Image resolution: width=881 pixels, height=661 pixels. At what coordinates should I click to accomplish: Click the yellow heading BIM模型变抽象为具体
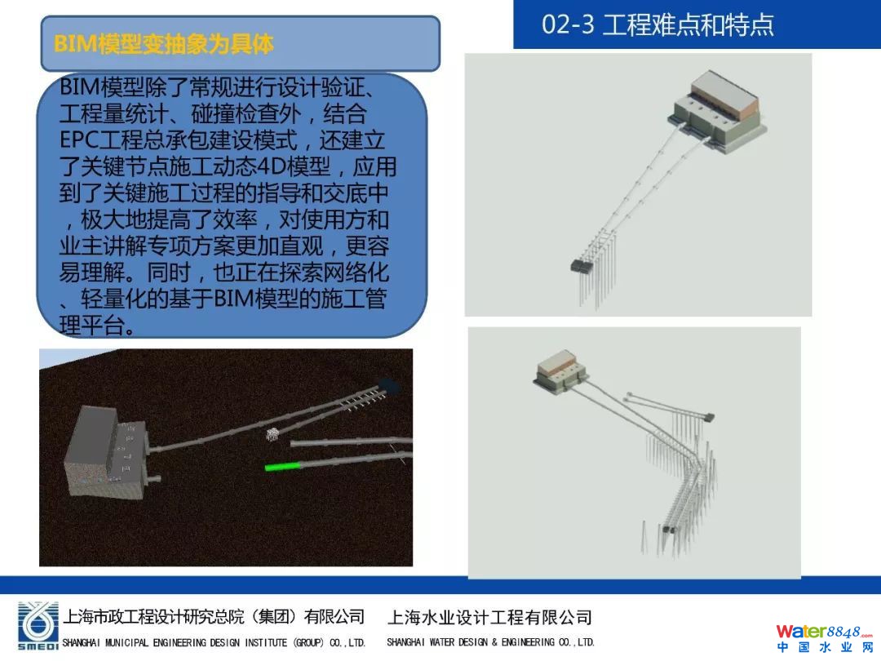163,44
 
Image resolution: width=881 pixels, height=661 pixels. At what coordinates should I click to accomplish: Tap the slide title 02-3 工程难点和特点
657,24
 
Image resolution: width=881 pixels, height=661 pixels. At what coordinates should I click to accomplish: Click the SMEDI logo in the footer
38,626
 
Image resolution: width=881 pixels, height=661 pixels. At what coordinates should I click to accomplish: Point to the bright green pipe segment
282,466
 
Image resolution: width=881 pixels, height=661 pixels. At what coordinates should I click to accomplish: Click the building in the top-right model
717,112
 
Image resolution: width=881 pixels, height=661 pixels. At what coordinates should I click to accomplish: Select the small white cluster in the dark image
273,434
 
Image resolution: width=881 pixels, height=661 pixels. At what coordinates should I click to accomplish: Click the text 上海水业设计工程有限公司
489,618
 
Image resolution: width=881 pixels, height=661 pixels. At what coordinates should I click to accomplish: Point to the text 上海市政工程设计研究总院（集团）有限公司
214,617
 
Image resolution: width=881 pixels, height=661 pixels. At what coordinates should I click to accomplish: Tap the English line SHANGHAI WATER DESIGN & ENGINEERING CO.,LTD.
490,642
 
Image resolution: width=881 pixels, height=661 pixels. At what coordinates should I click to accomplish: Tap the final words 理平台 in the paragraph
91,326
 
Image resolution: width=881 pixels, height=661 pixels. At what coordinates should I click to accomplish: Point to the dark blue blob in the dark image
389,385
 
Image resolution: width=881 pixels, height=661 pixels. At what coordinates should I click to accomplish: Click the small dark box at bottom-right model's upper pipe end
709,417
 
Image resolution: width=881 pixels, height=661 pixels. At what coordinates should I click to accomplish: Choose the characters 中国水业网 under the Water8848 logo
825,647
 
